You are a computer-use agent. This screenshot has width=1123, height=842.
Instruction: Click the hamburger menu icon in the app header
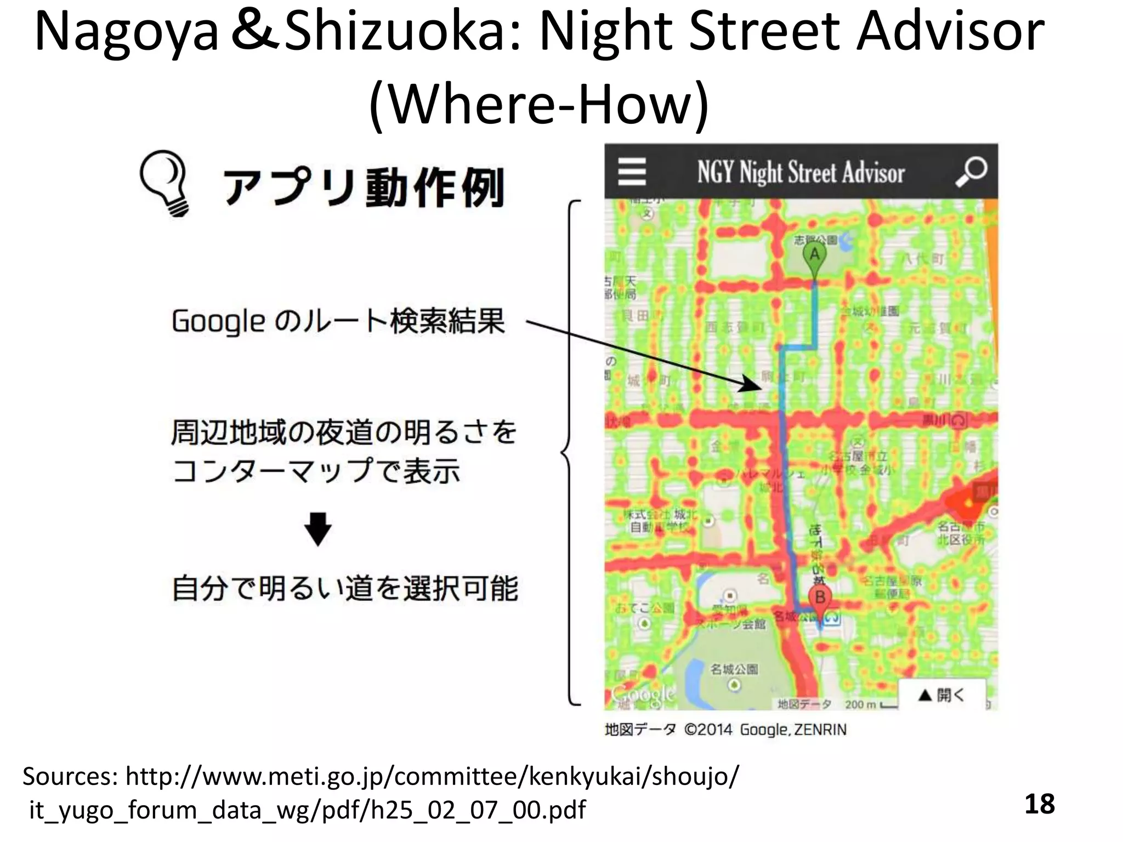tap(632, 172)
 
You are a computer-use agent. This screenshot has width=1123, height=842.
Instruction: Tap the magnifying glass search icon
tap(971, 172)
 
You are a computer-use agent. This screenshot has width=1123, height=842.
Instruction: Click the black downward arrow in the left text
tap(318, 528)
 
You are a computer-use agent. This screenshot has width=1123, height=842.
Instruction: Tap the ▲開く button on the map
tap(941, 695)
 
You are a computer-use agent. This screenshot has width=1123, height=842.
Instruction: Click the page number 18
tap(1039, 804)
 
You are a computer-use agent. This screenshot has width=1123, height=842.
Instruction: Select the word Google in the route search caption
tap(219, 321)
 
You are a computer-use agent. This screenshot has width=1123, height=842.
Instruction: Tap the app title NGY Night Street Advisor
tap(801, 172)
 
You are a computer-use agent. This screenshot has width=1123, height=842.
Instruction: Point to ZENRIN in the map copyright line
tap(820, 730)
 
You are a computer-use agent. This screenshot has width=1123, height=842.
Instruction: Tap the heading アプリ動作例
tap(363, 187)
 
